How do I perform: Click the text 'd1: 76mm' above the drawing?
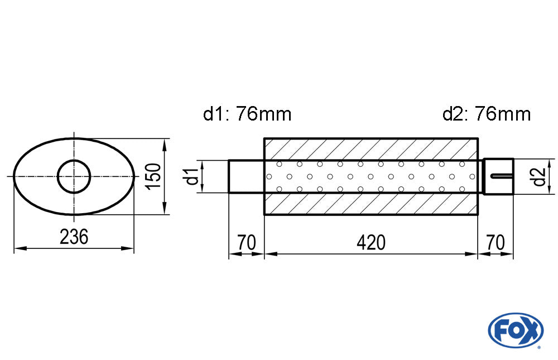point(247,114)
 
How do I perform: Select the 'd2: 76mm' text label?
point(486,114)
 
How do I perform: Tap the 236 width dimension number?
point(74,237)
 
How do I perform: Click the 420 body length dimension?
point(371,243)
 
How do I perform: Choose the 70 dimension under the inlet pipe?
point(246,243)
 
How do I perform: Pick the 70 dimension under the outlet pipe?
point(496,243)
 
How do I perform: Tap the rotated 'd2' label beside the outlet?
point(538,177)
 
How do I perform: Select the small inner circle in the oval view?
point(74,176)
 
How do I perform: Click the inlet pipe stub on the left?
point(246,176)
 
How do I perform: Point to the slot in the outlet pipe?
point(501,177)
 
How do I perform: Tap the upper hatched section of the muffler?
point(371,148)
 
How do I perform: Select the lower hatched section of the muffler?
point(371,204)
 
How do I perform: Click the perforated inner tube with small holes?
point(371,176)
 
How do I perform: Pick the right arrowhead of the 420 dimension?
point(473,255)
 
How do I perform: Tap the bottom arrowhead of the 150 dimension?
point(165,210)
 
